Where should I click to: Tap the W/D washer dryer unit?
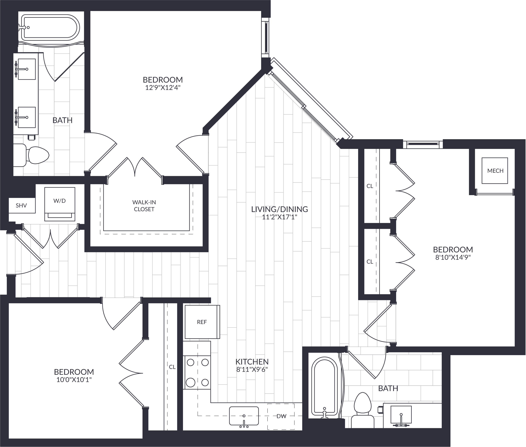(60, 204)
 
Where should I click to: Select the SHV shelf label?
(21, 205)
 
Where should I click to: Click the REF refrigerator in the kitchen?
(202, 322)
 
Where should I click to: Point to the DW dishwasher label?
(281, 416)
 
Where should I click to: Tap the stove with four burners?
(197, 372)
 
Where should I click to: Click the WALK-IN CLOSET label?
(144, 206)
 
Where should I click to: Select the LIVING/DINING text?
(279, 209)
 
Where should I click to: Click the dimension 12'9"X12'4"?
(163, 88)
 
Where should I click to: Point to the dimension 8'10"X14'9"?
(453, 257)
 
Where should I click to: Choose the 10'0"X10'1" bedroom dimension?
(74, 380)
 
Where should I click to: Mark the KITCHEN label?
(252, 362)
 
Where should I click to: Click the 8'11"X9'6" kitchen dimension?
(252, 370)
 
